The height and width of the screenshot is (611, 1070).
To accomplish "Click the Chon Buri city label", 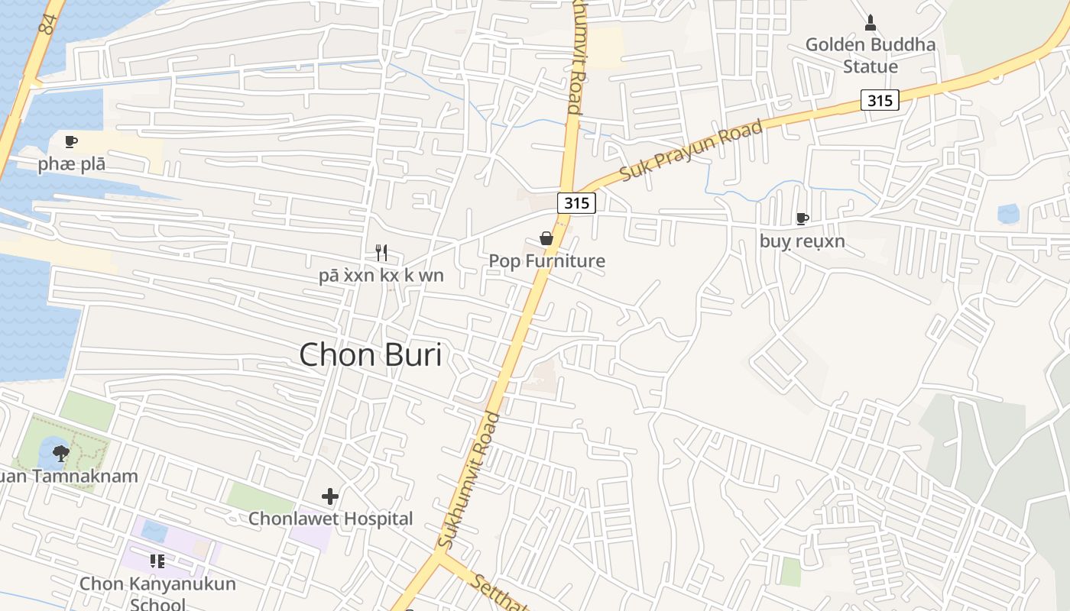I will pos(371,355).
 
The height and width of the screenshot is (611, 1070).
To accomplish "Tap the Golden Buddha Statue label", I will pos(870,55).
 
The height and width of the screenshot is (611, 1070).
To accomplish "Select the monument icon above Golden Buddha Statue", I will pos(870,21).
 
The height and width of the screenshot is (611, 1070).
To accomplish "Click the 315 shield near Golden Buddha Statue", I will pos(880,100).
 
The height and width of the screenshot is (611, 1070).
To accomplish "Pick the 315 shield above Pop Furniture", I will pos(576,202).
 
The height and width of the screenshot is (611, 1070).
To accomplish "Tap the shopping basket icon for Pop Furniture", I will pos(546,238).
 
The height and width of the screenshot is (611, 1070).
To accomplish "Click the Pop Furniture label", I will pos(546,261).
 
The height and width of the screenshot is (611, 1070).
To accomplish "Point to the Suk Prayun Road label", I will pos(691,151).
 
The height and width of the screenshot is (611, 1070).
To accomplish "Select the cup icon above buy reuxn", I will pos(802,219).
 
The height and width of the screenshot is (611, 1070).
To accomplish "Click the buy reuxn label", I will pos(802,241).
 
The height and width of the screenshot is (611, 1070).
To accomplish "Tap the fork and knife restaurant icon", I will pos(381,252).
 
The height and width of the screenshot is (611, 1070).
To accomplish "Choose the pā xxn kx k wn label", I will pos(381,275).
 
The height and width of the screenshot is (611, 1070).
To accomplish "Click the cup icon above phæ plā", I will pos(71,141).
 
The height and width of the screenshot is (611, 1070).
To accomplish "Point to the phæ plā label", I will pos(72,164).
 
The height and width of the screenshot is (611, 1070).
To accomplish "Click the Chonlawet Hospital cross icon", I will pos(330,497).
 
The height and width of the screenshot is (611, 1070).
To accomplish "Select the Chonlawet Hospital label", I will pos(330,519).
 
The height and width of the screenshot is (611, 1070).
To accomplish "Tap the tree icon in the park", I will pos(61,454).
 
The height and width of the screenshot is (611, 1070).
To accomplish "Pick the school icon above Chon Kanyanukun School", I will pos(157,562).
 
